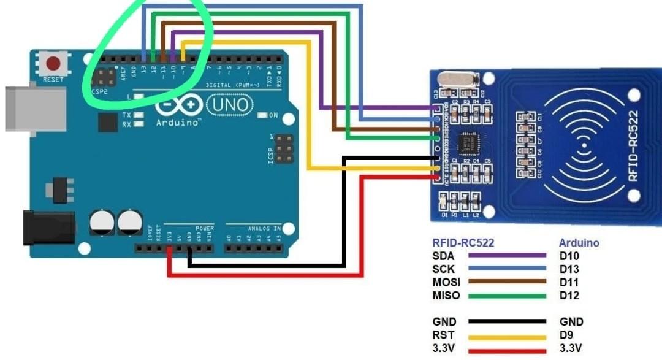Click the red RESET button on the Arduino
coord(54,64)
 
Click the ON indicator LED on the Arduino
coord(262,115)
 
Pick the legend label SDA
coord(443,256)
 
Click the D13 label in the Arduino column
coord(569,269)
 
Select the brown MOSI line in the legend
coord(507,282)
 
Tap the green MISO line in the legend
coord(507,296)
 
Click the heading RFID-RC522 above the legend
coord(463,243)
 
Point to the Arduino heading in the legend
coord(579,243)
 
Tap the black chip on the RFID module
coord(466,142)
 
